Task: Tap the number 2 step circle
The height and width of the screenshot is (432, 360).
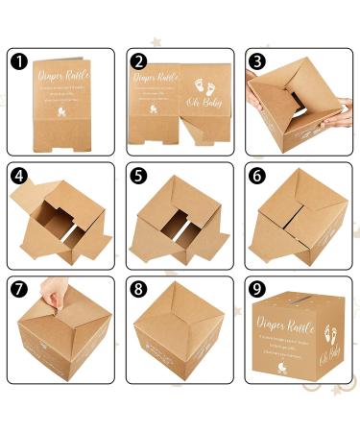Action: pos(139,60)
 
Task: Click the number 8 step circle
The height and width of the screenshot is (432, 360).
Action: pos(139,289)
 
